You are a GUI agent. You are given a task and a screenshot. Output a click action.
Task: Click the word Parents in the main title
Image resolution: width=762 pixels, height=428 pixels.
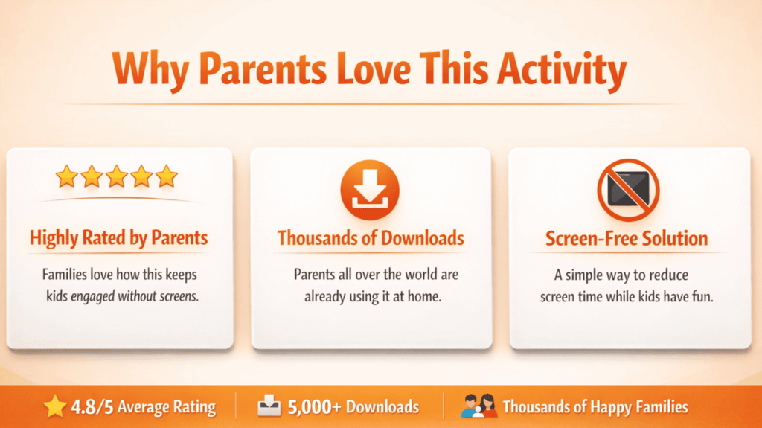[x=263, y=69]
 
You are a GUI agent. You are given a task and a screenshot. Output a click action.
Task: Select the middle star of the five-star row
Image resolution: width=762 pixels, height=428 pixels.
[x=117, y=176]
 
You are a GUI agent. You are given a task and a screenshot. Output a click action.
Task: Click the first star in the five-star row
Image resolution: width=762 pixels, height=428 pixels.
[x=66, y=176]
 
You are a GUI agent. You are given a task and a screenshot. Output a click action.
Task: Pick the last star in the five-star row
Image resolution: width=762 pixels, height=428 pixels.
[x=167, y=176]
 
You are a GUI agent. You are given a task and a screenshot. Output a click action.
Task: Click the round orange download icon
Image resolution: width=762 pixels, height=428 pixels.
[x=370, y=190]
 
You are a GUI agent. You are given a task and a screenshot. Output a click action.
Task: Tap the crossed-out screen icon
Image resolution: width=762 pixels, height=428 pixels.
[x=628, y=190]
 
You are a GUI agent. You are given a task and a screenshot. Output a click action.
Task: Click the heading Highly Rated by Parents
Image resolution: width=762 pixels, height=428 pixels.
[x=119, y=238]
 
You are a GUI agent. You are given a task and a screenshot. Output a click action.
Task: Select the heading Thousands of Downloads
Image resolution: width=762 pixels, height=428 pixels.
[x=371, y=238]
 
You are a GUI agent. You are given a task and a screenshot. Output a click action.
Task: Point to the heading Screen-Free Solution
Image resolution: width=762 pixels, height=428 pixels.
[x=627, y=239]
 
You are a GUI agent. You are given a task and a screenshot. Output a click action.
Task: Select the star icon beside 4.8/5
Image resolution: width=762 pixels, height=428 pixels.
[x=54, y=406]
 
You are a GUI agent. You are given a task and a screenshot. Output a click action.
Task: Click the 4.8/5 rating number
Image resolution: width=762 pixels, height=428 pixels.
[x=92, y=406]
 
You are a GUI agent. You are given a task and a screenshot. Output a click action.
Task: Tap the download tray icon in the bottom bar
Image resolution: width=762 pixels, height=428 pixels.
[x=269, y=406]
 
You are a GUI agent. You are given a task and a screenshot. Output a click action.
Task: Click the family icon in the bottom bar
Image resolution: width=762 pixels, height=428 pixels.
[x=478, y=406]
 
